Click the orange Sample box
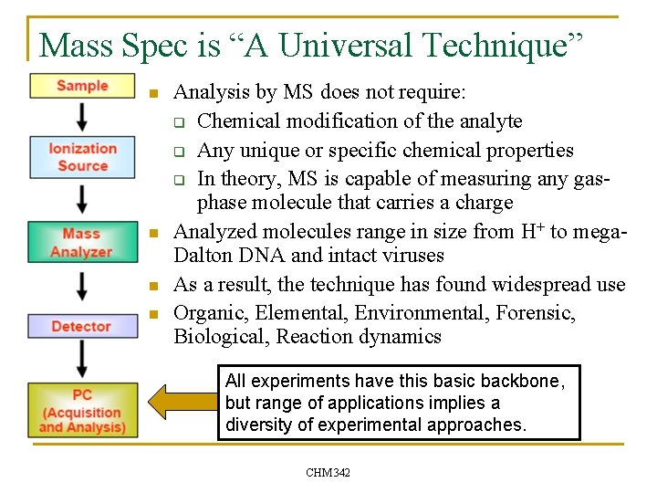(x=82, y=86)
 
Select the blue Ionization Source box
(x=82, y=157)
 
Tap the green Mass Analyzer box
(x=82, y=243)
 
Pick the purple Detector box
(x=82, y=326)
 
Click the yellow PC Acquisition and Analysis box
(x=82, y=410)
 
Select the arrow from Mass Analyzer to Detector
(x=82, y=286)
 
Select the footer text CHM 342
(x=328, y=472)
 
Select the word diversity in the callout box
(x=255, y=425)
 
